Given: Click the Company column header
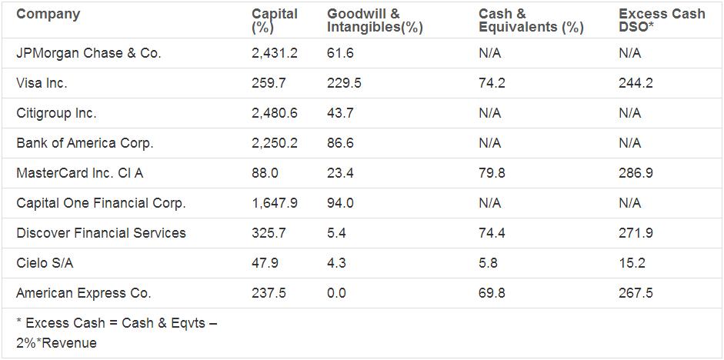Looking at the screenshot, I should pyautogui.click(x=48, y=14).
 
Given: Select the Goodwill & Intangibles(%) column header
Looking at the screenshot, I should pyautogui.click(x=375, y=21).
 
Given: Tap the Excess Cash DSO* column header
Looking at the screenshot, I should pyautogui.click(x=661, y=21).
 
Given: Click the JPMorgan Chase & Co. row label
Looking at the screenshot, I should pyautogui.click(x=88, y=53).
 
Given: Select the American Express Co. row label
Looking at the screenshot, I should pyautogui.click(x=83, y=293).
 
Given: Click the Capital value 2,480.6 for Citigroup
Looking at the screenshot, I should pyautogui.click(x=275, y=113).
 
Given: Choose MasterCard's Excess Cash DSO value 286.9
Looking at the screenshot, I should pyautogui.click(x=636, y=173).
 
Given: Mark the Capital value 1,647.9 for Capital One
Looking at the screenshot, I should pyautogui.click(x=275, y=203).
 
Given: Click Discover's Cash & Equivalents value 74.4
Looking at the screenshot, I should pyautogui.click(x=492, y=233).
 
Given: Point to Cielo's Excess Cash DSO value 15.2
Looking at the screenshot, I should pyautogui.click(x=632, y=263).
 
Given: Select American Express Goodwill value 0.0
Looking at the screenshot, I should pyautogui.click(x=337, y=293).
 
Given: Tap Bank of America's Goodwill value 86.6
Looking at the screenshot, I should pyautogui.click(x=341, y=143).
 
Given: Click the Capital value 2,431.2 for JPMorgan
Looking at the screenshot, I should pyautogui.click(x=275, y=53).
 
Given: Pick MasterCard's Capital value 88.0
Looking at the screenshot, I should pyautogui.click(x=265, y=173).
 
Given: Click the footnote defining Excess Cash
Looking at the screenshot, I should pyautogui.click(x=115, y=333).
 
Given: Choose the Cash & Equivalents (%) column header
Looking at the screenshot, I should pyautogui.click(x=530, y=21).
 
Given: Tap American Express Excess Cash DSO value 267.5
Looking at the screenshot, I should pyautogui.click(x=636, y=293).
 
